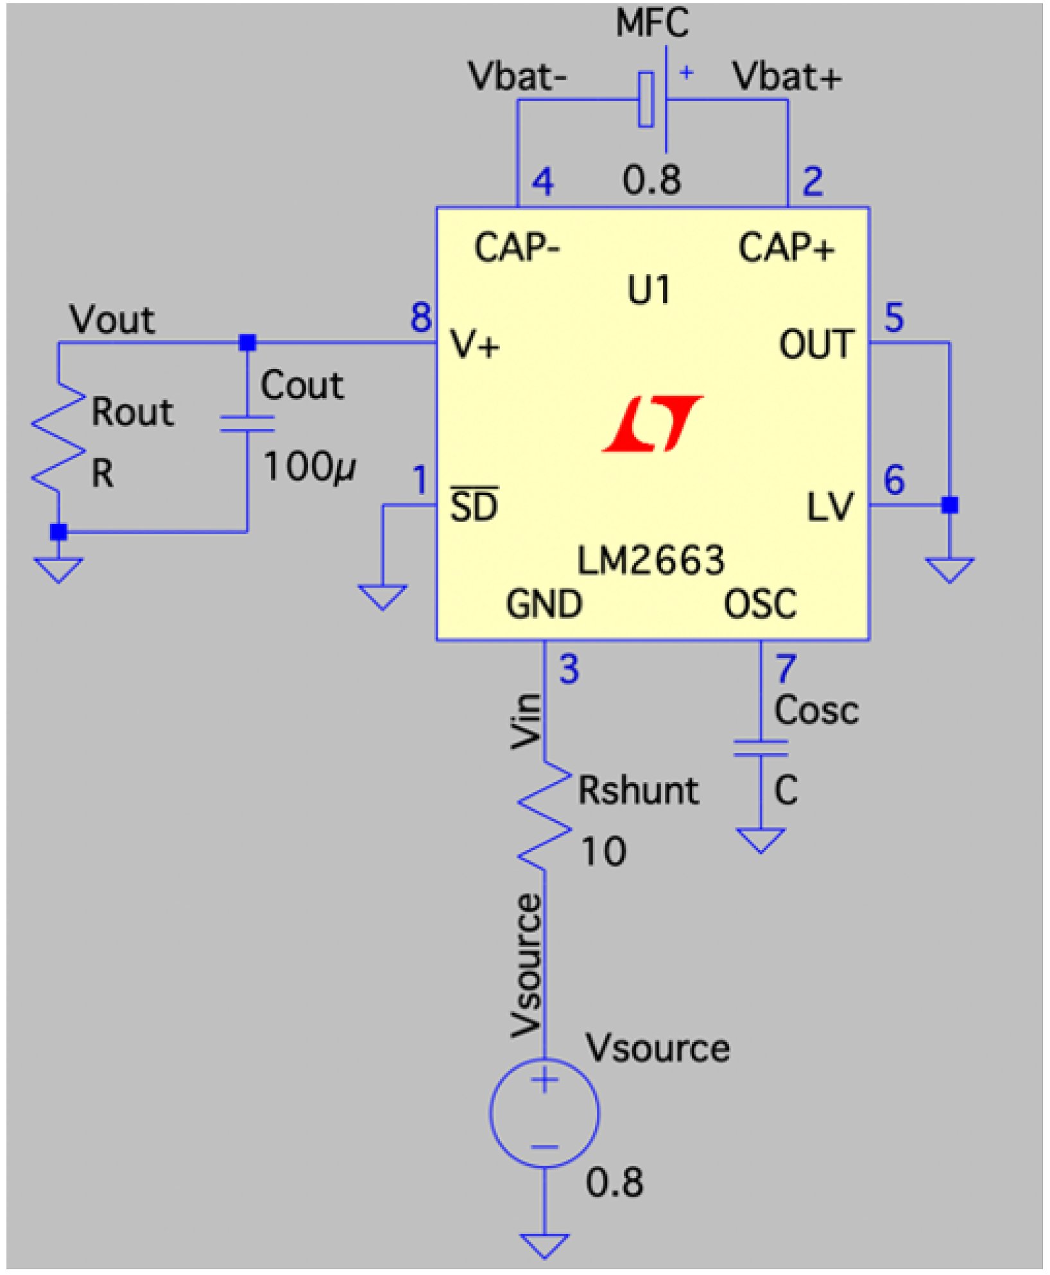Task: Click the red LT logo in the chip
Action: (653, 424)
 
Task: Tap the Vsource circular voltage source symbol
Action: (545, 1113)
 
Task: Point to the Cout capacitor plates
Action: (247, 424)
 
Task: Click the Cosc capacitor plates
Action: (761, 748)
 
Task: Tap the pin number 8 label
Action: (421, 317)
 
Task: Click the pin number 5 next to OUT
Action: (894, 317)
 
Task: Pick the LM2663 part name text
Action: (651, 560)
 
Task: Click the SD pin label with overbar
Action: (474, 506)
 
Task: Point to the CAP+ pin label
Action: (786, 248)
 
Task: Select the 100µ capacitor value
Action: (309, 467)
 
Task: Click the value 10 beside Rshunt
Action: (603, 852)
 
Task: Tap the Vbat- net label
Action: (517, 77)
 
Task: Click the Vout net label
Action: (112, 320)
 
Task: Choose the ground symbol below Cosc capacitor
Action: (761, 840)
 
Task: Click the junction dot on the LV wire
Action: (949, 505)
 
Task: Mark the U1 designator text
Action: (649, 290)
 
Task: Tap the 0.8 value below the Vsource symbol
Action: (614, 1182)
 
